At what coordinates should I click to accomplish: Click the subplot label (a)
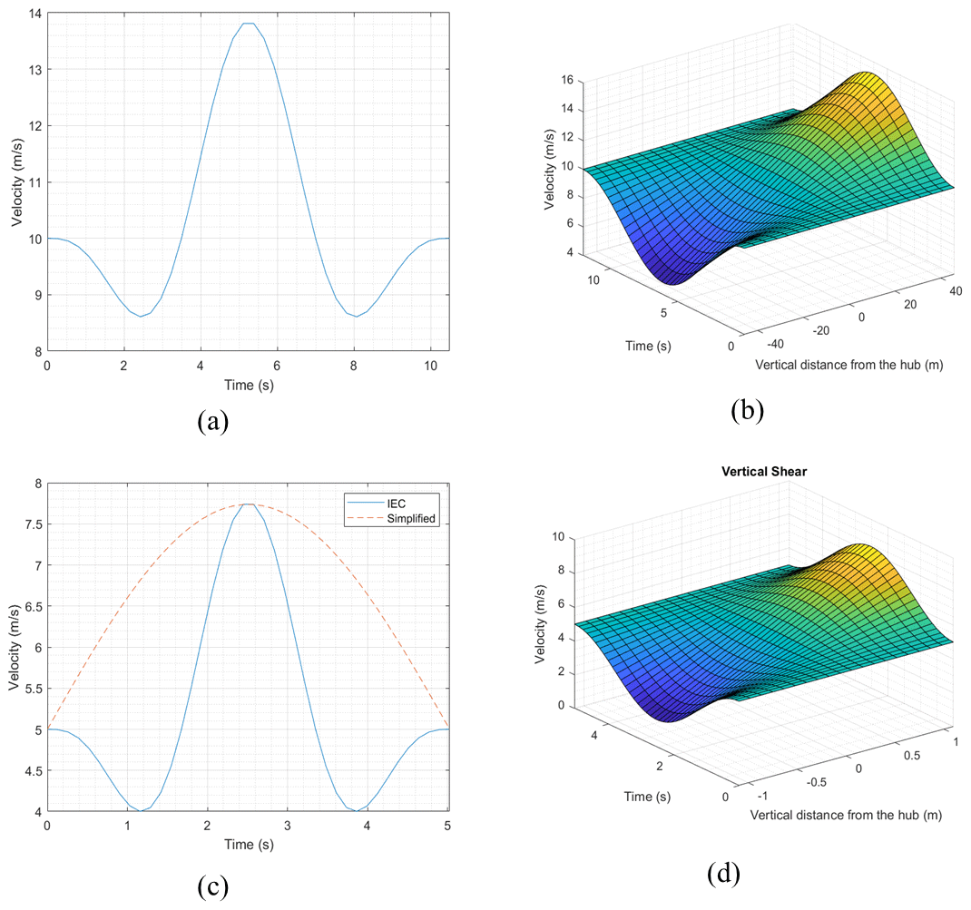point(212,422)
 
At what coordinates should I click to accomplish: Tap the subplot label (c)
point(212,886)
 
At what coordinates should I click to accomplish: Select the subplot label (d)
point(724,874)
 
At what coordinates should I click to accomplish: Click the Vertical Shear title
point(760,472)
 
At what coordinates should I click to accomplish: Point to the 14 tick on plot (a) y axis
point(34,13)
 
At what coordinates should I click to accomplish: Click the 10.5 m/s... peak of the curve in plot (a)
point(248,24)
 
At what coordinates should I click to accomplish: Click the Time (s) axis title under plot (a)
point(248,386)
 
